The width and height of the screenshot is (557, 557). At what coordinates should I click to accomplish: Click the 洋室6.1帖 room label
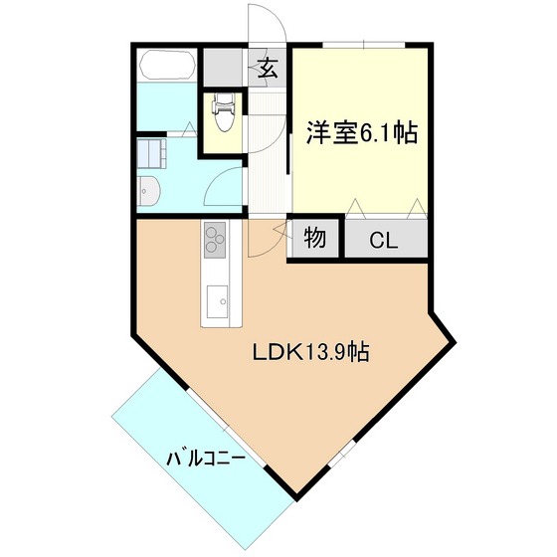pyautogui.click(x=362, y=133)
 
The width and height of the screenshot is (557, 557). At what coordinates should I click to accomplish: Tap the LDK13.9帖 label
pyautogui.click(x=310, y=352)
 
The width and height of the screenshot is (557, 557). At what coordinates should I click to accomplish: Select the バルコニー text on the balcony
pyautogui.click(x=206, y=459)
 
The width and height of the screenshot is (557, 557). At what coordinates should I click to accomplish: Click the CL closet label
pyautogui.click(x=383, y=241)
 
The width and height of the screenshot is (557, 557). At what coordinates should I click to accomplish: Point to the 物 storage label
pyautogui.click(x=314, y=238)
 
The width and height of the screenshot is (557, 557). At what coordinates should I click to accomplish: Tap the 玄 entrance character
pyautogui.click(x=268, y=69)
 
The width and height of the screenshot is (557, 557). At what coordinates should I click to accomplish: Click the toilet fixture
pyautogui.click(x=224, y=111)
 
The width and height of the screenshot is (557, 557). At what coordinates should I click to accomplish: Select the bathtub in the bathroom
pyautogui.click(x=167, y=65)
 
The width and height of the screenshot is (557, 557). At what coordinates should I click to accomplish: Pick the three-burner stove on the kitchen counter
pyautogui.click(x=215, y=240)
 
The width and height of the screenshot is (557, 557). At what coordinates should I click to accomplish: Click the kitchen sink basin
pyautogui.click(x=218, y=301)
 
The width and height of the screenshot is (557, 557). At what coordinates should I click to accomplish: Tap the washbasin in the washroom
pyautogui.click(x=149, y=191)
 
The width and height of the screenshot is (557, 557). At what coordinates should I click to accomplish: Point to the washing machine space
pyautogui.click(x=151, y=153)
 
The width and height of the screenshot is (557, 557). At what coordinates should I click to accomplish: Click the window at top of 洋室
pyautogui.click(x=364, y=45)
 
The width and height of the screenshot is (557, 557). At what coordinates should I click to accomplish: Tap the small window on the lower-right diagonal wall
pyautogui.click(x=342, y=454)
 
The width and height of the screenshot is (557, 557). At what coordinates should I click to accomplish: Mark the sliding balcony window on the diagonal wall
pyautogui.click(x=226, y=428)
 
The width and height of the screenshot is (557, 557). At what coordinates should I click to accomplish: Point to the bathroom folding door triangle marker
pyautogui.click(x=189, y=129)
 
